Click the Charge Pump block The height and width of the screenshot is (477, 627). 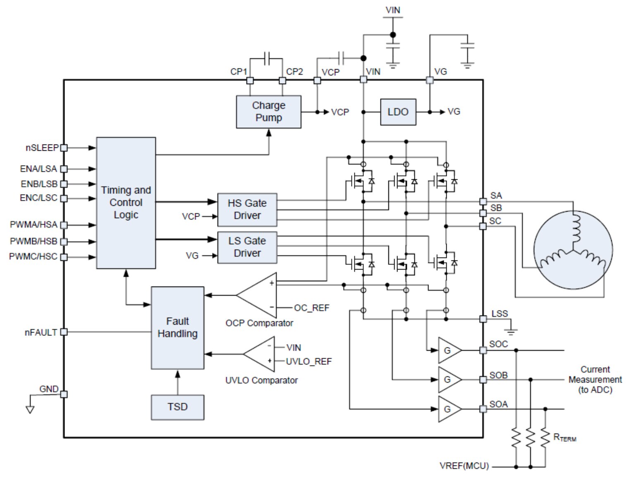tap(268, 112)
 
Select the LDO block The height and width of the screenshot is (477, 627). tap(398, 112)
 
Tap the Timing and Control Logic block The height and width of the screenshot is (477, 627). tap(126, 203)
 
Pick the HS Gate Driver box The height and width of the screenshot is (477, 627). tap(247, 210)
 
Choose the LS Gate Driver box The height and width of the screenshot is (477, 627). tap(247, 247)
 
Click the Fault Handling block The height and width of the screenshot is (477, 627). tap(177, 328)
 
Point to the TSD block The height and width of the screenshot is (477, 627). tap(177, 407)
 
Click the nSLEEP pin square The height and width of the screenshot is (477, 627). tap(64, 148)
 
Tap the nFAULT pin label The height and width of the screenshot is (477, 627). tap(41, 332)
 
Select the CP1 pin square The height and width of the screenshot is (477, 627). tap(250, 81)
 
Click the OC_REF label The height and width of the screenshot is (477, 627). tap(312, 308)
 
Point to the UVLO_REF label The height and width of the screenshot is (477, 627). tap(309, 361)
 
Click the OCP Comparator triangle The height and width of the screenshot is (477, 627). tap(256, 295)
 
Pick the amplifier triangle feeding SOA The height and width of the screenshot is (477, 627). tap(450, 409)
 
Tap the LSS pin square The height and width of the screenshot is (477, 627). tap(483, 319)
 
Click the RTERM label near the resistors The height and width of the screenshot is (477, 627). tap(565, 437)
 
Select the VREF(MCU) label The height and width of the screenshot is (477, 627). tap(464, 466)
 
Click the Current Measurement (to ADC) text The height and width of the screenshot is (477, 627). tap(595, 379)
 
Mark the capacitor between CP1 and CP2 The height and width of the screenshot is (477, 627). tap(266, 59)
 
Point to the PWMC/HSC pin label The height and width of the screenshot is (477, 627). tap(34, 256)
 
